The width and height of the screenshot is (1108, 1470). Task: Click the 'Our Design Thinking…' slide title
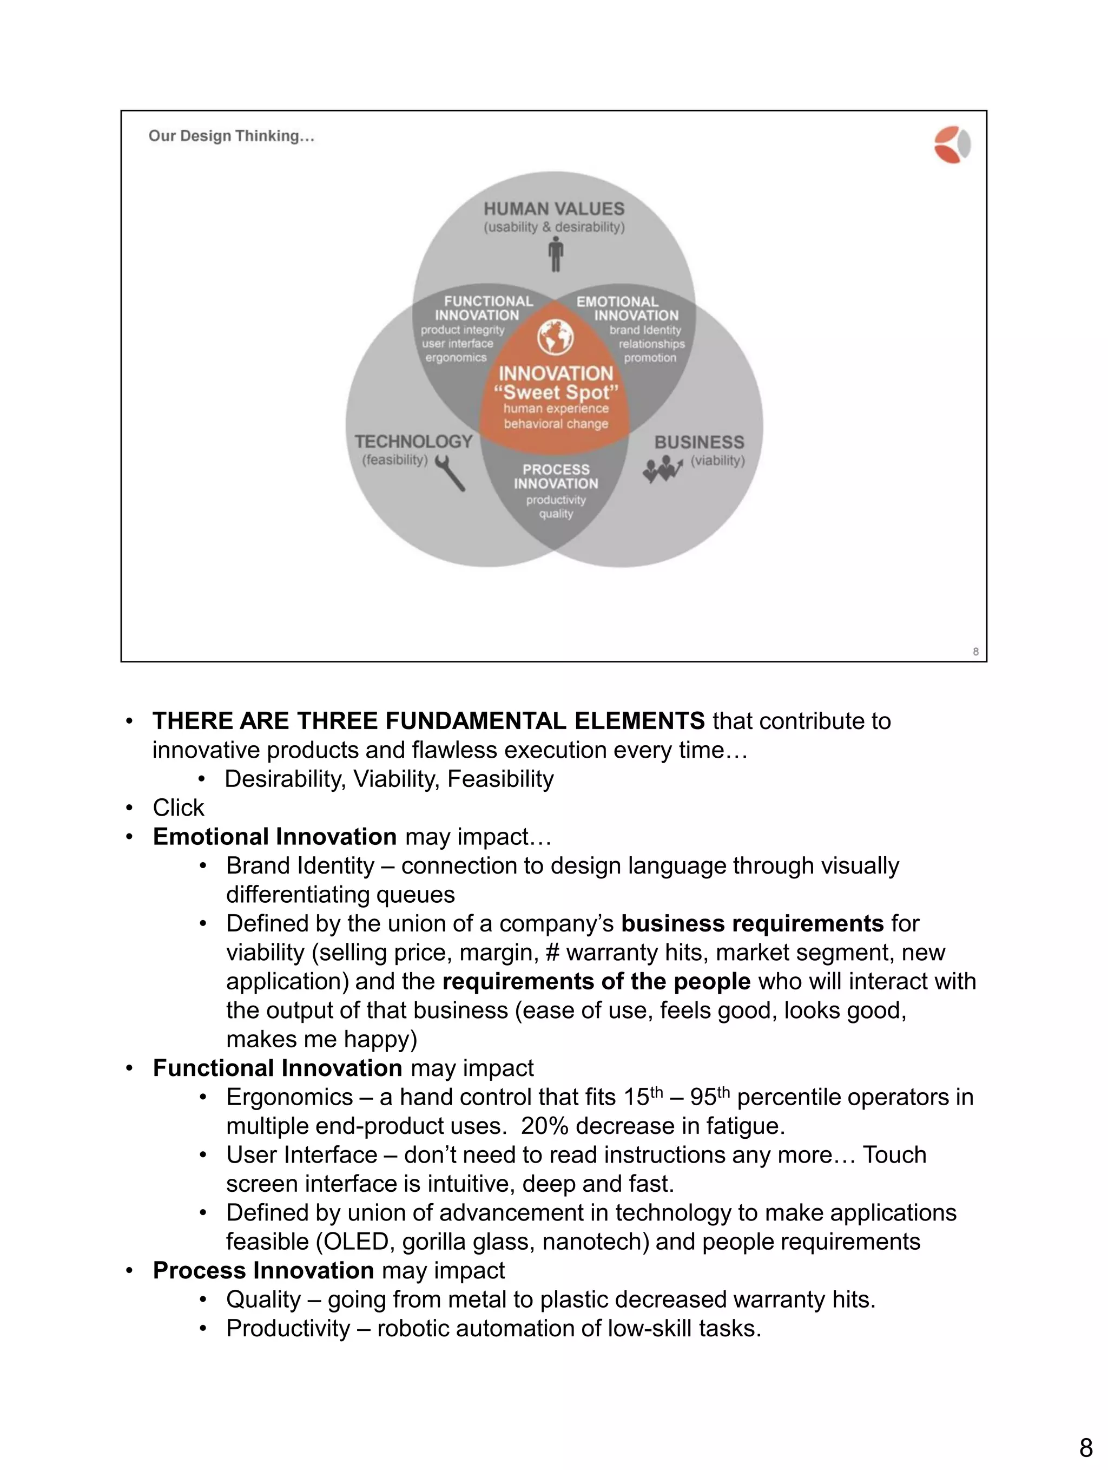coord(231,136)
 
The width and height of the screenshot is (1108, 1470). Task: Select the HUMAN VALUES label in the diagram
coord(554,209)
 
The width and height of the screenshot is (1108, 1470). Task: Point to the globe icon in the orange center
coord(555,338)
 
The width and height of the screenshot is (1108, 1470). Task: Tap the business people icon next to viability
coord(662,470)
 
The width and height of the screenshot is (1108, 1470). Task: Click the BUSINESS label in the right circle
coord(700,443)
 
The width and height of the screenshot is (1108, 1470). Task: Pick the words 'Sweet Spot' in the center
coord(557,392)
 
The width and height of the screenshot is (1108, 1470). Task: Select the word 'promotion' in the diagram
coord(650,358)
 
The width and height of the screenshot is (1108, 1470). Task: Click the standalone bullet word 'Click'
coord(178,808)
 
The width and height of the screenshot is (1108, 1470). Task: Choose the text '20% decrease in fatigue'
coord(652,1126)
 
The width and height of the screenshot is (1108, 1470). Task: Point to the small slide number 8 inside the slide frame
coord(975,651)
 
